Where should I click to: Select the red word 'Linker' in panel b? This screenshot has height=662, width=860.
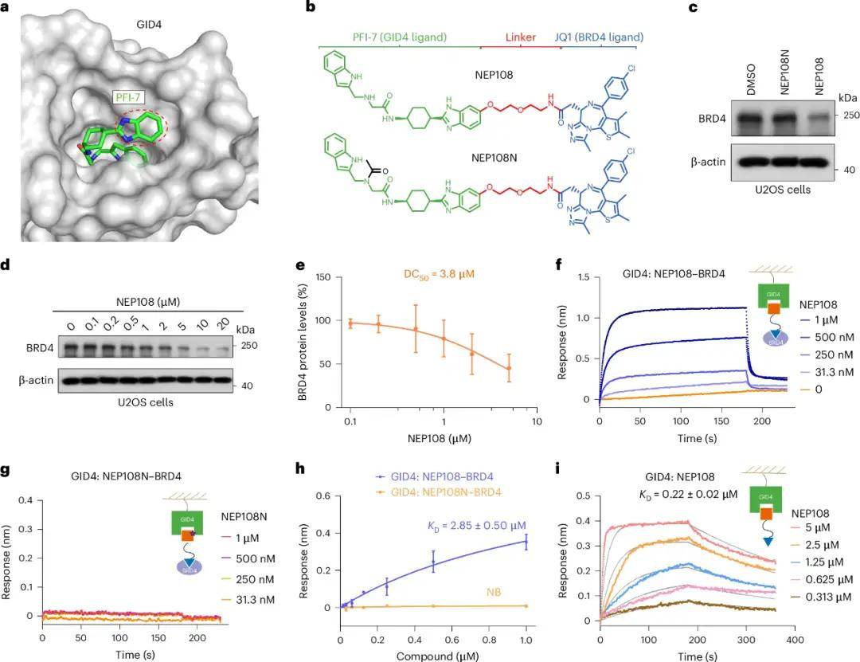522,37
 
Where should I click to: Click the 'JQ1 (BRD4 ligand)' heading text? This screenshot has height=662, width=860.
603,37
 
